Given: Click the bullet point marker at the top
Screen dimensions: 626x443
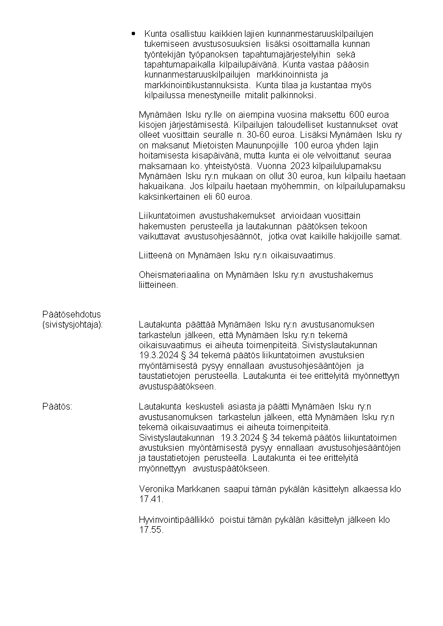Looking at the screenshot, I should pos(134,33).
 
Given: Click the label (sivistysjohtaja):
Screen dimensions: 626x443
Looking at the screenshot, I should pos(73,324).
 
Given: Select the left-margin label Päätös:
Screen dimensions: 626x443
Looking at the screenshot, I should pos(57,407).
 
